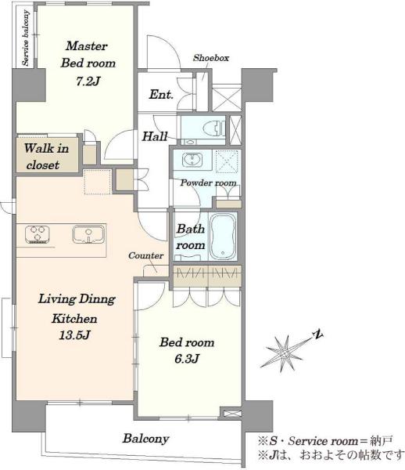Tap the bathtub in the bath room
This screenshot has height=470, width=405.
(222, 237)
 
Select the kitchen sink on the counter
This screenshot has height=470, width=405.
(88, 234)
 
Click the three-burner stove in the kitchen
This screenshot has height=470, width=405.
(38, 233)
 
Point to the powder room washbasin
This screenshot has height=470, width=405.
(192, 159)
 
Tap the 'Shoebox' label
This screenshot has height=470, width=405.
(211, 57)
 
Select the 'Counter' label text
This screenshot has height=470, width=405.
(145, 255)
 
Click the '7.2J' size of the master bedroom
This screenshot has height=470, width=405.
(88, 81)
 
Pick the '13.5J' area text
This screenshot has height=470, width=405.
(74, 334)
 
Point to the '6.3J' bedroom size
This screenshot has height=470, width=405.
(187, 359)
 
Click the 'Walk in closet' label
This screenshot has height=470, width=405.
(46, 156)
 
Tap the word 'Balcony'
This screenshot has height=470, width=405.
(146, 439)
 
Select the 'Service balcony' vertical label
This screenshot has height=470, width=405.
(26, 38)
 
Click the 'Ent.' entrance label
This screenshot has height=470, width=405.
(161, 95)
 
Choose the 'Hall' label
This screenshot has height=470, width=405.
(155, 136)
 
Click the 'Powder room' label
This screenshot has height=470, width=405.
(208, 183)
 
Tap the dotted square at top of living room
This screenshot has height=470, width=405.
(98, 182)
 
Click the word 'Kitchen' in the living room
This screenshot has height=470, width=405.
(74, 318)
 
